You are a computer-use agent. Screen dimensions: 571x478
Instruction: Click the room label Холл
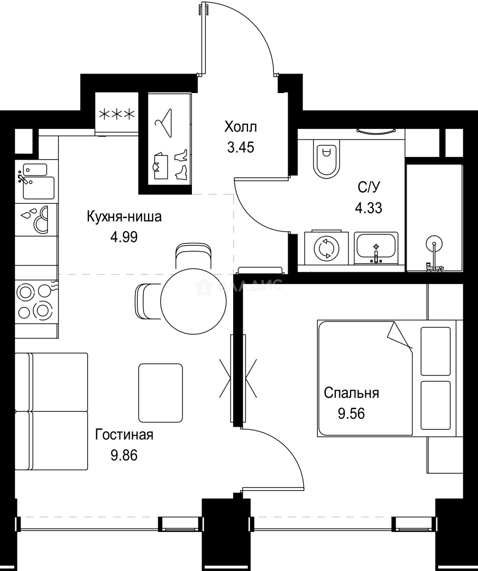tap(241, 127)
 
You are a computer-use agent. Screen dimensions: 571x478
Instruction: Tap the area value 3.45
tap(241, 147)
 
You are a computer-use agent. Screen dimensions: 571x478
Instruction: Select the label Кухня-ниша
tap(124, 217)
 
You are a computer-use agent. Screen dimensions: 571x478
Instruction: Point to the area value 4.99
tap(124, 237)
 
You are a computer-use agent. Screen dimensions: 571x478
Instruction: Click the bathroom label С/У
tap(368, 188)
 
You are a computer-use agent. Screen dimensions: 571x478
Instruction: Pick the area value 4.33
tap(368, 207)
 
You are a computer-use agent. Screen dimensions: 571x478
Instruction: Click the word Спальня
tap(351, 393)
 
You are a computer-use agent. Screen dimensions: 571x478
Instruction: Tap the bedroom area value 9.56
tap(351, 412)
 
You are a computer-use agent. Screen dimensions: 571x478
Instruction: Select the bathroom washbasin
tap(376, 247)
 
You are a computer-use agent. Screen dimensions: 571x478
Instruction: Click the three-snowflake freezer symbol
tap(116, 114)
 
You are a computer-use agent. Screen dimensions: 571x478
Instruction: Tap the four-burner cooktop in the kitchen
tap(34, 301)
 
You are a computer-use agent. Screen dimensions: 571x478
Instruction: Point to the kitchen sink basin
tap(38, 187)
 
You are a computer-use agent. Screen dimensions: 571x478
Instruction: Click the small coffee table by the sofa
tap(160, 392)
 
